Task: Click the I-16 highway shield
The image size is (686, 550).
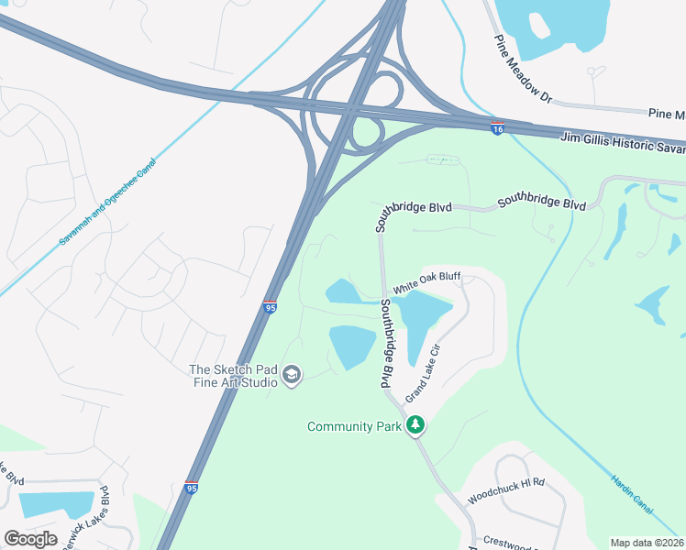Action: [x=497, y=128]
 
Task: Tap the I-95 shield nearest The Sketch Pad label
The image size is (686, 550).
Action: [x=270, y=307]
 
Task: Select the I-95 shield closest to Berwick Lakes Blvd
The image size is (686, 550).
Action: [x=191, y=489]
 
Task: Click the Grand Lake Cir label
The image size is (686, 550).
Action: [x=424, y=374]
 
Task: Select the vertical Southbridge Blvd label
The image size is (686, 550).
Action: [x=387, y=345]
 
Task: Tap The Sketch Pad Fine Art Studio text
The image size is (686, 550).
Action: [x=233, y=376]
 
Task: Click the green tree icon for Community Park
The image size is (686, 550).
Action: [x=416, y=424]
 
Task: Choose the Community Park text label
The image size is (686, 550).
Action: [x=354, y=426]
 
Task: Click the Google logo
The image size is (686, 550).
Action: [x=30, y=539]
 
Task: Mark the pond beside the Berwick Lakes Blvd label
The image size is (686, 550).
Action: [x=55, y=504]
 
